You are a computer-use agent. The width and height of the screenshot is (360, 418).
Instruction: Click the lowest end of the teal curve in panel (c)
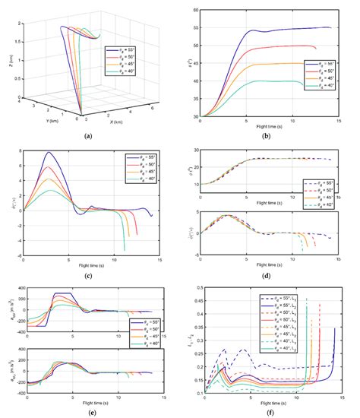click(124, 250)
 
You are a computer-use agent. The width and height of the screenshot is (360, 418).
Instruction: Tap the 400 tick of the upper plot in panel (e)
click(17, 288)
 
